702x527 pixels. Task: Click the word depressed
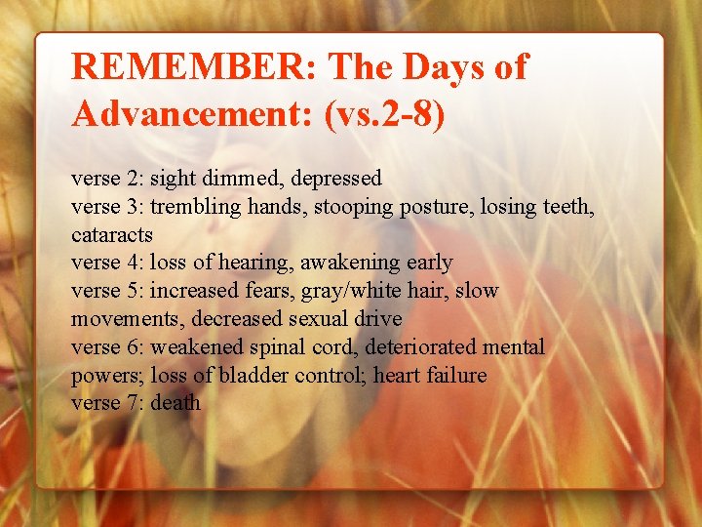[336, 179]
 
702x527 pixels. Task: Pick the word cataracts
[112, 235]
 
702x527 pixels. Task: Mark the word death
[175, 403]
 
